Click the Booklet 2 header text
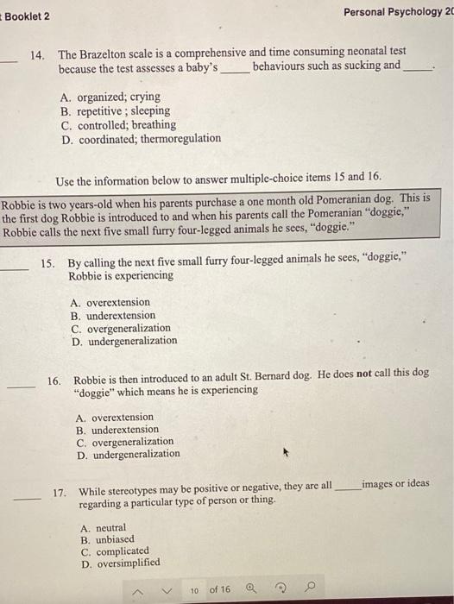pyautogui.click(x=28, y=16)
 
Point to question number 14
pyautogui.click(x=37, y=53)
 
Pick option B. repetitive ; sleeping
pyautogui.click(x=115, y=110)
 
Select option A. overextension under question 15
pyautogui.click(x=110, y=302)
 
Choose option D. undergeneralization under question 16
pyautogui.click(x=128, y=454)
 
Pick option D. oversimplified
pyautogui.click(x=120, y=563)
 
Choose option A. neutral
pyautogui.click(x=103, y=527)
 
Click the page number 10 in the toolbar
pyautogui.click(x=195, y=589)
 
